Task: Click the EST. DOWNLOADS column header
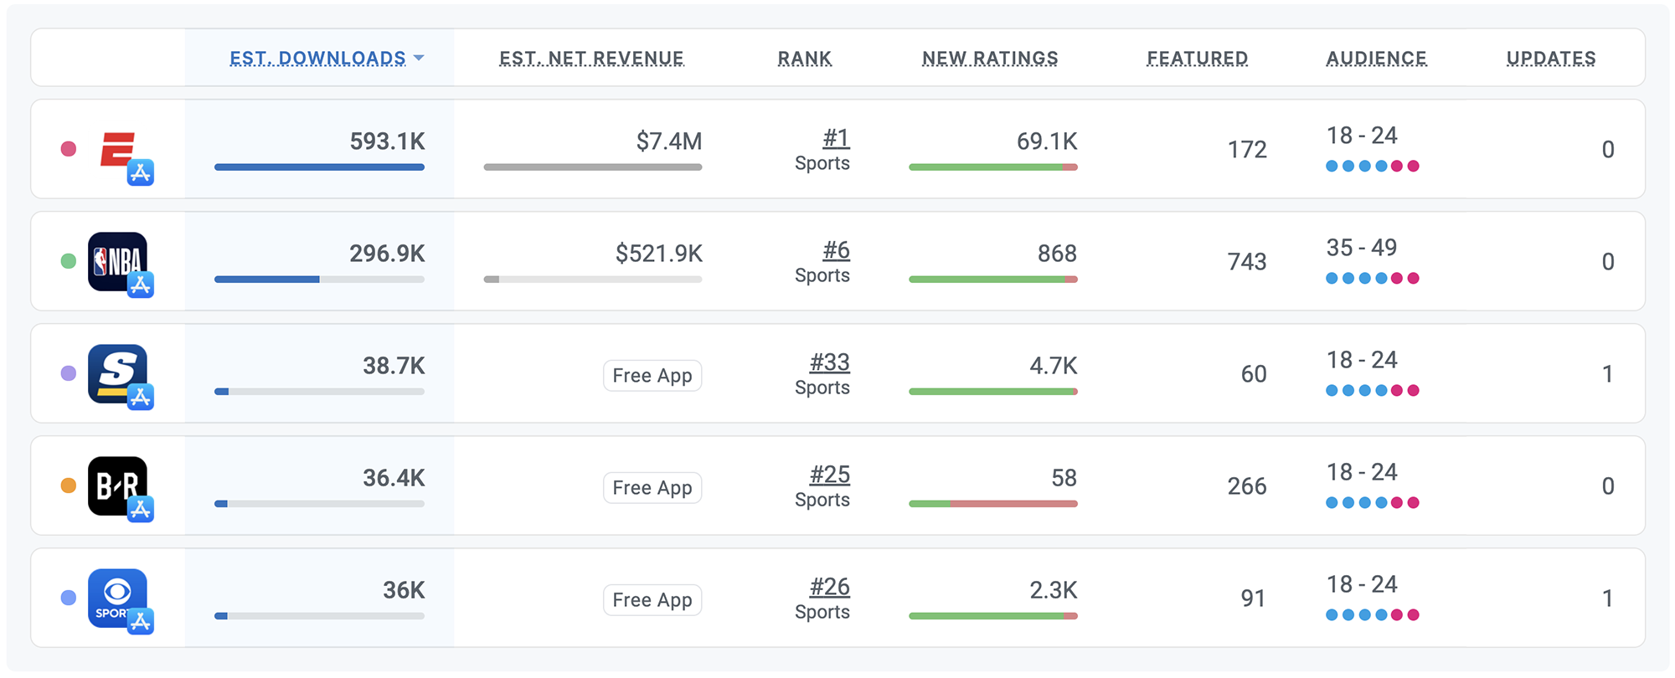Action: tap(317, 58)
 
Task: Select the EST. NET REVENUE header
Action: tap(591, 58)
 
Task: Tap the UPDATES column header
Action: tap(1550, 58)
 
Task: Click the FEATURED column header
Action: tap(1197, 58)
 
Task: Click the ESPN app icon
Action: tap(118, 151)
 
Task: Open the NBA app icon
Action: tap(117, 261)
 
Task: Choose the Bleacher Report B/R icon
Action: tap(117, 485)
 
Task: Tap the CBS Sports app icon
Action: tap(117, 598)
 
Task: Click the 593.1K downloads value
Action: tap(387, 141)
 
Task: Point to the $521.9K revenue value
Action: tap(658, 253)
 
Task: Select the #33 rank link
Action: tap(829, 362)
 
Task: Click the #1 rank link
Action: tap(836, 138)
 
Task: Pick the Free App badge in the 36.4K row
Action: tap(652, 487)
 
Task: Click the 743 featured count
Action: tap(1246, 261)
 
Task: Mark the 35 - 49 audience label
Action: tap(1361, 248)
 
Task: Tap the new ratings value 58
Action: tap(1064, 477)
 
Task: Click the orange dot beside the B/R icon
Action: tap(69, 485)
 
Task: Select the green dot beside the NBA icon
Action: tap(69, 261)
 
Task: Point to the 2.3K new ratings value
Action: tap(1053, 590)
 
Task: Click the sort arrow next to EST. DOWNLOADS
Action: tap(419, 58)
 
